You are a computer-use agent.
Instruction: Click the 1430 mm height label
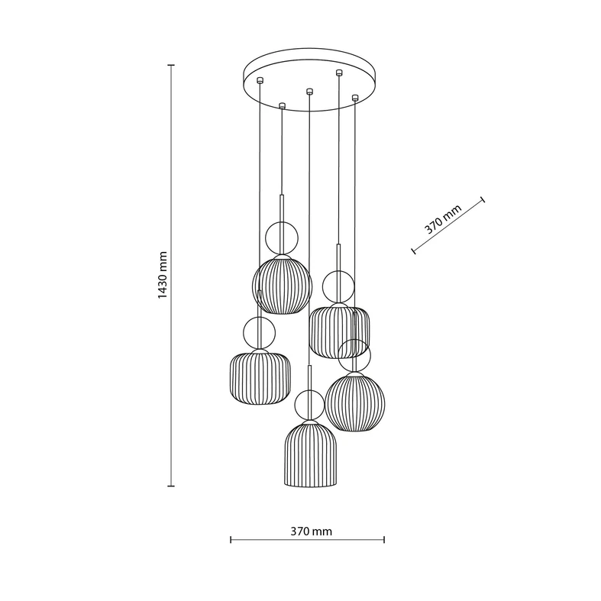coord(163,275)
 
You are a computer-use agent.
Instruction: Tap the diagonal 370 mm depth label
coord(443,219)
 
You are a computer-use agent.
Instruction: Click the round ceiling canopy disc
coord(310,79)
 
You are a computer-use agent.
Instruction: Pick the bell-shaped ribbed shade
coord(312,454)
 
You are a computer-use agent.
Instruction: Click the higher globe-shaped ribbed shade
coord(282,284)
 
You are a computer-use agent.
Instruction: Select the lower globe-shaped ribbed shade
coord(355,402)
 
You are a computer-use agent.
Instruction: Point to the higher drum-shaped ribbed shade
coord(339,331)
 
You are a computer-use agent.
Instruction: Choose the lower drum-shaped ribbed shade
coord(260,376)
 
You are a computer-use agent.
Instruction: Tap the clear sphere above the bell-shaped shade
coord(310,406)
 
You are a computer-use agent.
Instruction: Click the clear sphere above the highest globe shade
coord(282,238)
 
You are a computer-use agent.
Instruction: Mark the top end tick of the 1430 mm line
coord(171,65)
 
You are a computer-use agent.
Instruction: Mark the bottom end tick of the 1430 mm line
coord(171,486)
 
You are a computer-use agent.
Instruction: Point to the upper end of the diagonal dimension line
coord(483,199)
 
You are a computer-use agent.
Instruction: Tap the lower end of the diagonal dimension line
coord(414,251)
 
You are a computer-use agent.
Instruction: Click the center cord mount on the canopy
coord(309,91)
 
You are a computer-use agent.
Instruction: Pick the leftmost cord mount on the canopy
coord(260,80)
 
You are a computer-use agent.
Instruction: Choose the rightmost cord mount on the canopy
coord(355,97)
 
